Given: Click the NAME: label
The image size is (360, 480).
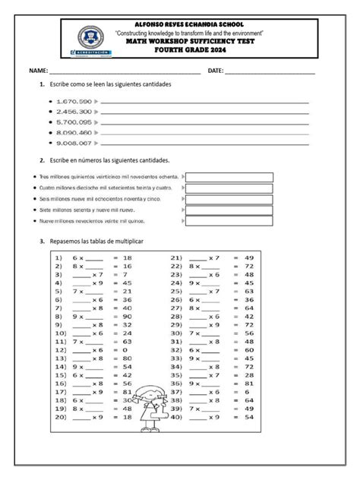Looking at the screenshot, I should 39,70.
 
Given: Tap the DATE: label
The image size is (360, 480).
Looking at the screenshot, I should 216,70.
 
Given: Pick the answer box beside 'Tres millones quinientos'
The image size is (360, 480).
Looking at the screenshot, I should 229,177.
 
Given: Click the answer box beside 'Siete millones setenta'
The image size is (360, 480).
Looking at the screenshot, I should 229,209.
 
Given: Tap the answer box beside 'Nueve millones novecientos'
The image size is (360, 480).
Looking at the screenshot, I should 229,221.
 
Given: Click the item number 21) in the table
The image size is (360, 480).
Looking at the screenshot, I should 177,258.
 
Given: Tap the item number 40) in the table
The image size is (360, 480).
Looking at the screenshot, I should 177,416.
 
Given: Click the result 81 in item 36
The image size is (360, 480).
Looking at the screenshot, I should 248,383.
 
